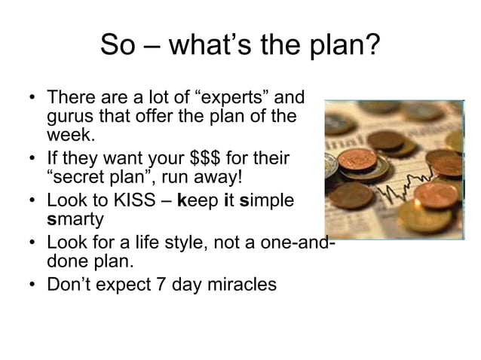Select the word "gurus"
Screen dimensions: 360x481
pyautogui.click(x=71, y=117)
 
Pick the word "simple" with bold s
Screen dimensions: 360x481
pyautogui.click(x=267, y=202)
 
